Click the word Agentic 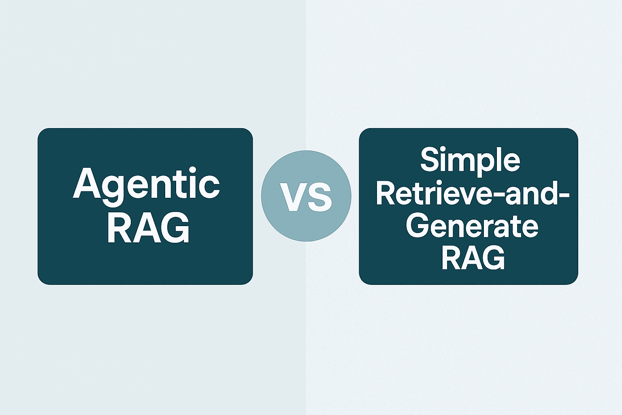click(146, 183)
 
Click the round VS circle click(306, 196)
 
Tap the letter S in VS click(320, 198)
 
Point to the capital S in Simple click(430, 159)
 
